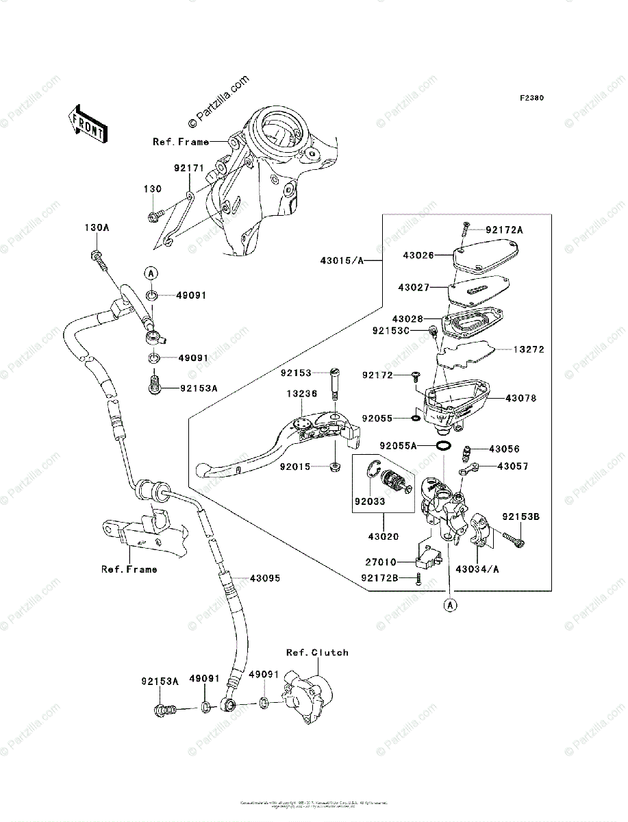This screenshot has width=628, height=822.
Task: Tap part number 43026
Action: tap(418, 256)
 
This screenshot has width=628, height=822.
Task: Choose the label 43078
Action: tap(523, 398)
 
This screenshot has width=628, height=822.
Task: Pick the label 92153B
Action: tap(521, 516)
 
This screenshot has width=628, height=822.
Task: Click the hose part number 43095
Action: tap(265, 578)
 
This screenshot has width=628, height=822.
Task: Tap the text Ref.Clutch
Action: tap(317, 653)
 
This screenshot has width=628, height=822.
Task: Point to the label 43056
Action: tap(505, 449)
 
